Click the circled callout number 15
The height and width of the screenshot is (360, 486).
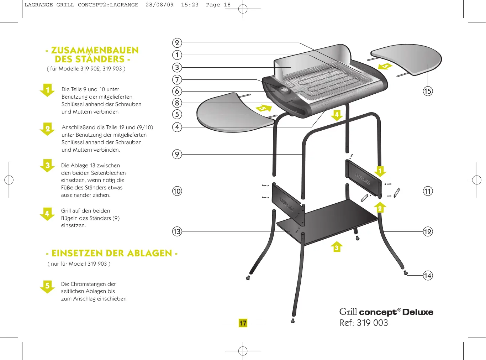[x=428, y=91]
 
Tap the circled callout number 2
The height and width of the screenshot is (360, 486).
[x=177, y=43]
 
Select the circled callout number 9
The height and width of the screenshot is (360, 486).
[x=177, y=154]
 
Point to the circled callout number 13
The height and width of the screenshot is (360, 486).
[x=177, y=231]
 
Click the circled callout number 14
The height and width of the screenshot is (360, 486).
[x=428, y=275]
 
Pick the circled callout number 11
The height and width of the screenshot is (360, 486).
[x=428, y=191]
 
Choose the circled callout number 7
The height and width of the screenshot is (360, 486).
[x=177, y=80]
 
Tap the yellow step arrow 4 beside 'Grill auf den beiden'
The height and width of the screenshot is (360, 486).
[x=47, y=214]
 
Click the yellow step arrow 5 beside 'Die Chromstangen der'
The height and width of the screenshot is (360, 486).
[x=47, y=287]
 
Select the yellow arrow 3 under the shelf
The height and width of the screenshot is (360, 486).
[x=337, y=247]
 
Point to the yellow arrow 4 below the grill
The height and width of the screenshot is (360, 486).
[x=337, y=115]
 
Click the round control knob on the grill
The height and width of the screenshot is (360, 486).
[x=284, y=90]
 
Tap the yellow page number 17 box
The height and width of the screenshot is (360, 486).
[x=243, y=323]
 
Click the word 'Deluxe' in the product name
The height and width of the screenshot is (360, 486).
[x=418, y=312]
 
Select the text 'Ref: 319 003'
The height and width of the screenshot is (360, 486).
[x=364, y=323]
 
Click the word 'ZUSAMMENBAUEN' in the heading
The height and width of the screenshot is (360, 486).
[x=95, y=50]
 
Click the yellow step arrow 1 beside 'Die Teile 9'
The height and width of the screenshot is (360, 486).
[x=47, y=90]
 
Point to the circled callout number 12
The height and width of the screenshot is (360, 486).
[x=428, y=232]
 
